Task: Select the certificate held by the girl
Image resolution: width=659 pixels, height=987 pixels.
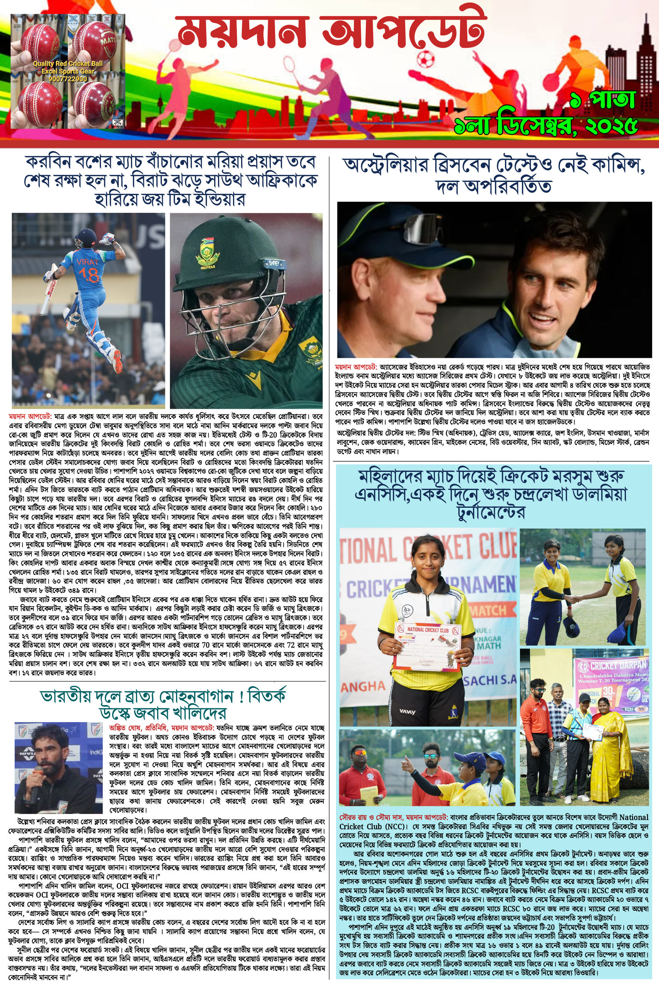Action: (428, 645)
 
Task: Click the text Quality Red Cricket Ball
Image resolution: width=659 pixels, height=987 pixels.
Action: (68, 64)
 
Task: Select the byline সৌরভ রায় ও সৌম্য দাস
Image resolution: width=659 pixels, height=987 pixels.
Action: (371, 817)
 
